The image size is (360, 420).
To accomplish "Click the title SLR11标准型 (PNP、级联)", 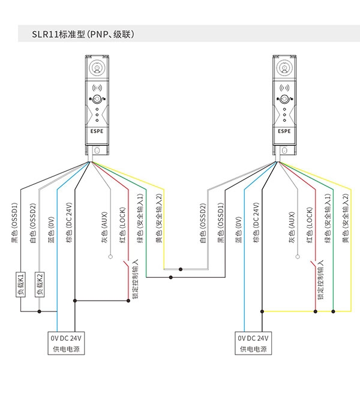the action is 83,34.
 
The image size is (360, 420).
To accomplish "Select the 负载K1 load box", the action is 20,284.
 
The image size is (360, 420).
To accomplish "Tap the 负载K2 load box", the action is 40,284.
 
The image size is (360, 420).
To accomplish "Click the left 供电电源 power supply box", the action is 66,343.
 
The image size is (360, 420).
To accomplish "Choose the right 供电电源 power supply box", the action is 253,343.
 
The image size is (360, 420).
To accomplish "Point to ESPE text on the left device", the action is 97,131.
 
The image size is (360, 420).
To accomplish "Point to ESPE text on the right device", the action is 284,131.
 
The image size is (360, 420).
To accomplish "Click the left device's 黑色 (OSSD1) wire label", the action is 14,223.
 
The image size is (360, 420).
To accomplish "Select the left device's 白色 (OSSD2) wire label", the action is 32,223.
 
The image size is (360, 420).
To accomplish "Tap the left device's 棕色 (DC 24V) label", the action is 69,223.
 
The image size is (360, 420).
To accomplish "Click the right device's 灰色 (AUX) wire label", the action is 292,227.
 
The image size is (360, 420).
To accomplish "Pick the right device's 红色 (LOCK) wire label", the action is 310,225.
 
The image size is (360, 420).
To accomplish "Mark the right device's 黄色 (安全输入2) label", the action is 346,218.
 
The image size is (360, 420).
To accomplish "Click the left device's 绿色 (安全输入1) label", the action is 140,218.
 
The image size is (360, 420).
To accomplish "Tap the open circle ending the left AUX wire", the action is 110,257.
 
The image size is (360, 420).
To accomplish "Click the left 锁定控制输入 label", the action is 135,279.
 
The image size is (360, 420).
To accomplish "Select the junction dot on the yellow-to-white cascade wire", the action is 181,269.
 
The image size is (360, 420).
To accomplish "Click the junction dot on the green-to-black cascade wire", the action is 171,277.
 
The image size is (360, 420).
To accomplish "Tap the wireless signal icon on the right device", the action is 284,88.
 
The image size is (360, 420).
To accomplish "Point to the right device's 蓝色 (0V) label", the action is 239,230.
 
